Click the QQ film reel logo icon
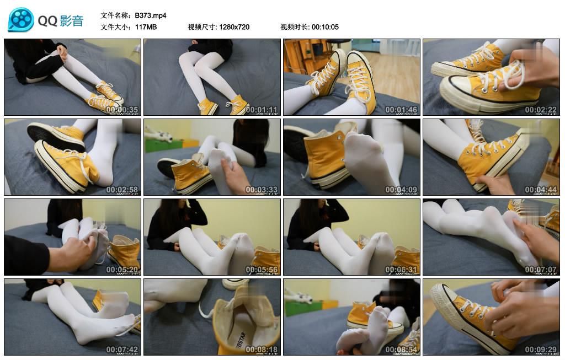[x=21, y=20]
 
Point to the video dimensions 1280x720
[x=234, y=27]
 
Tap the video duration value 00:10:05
[x=325, y=27]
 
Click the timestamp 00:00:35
[x=122, y=110]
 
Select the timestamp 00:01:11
[x=262, y=110]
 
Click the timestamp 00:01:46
[x=401, y=110]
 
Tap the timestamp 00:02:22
[x=541, y=110]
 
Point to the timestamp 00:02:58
[x=122, y=190]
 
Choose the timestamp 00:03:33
[x=262, y=190]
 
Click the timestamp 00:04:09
[x=401, y=190]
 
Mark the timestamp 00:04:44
[x=541, y=190]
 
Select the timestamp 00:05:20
[x=122, y=270]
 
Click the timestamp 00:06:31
[x=401, y=270]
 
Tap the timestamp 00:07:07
[x=541, y=270]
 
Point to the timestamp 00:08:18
[x=262, y=350]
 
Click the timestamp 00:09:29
[x=541, y=350]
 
